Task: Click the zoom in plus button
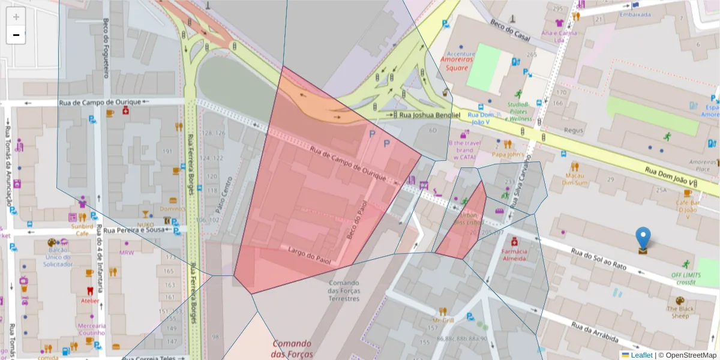point(16,17)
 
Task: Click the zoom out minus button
point(16,35)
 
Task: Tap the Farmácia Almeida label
point(515,254)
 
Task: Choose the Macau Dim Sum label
point(575,179)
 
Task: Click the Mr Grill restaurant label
point(443,320)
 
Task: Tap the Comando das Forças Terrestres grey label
point(344,290)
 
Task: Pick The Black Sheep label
point(680,312)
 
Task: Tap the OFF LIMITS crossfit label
point(685,278)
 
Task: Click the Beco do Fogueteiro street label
point(106,48)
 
